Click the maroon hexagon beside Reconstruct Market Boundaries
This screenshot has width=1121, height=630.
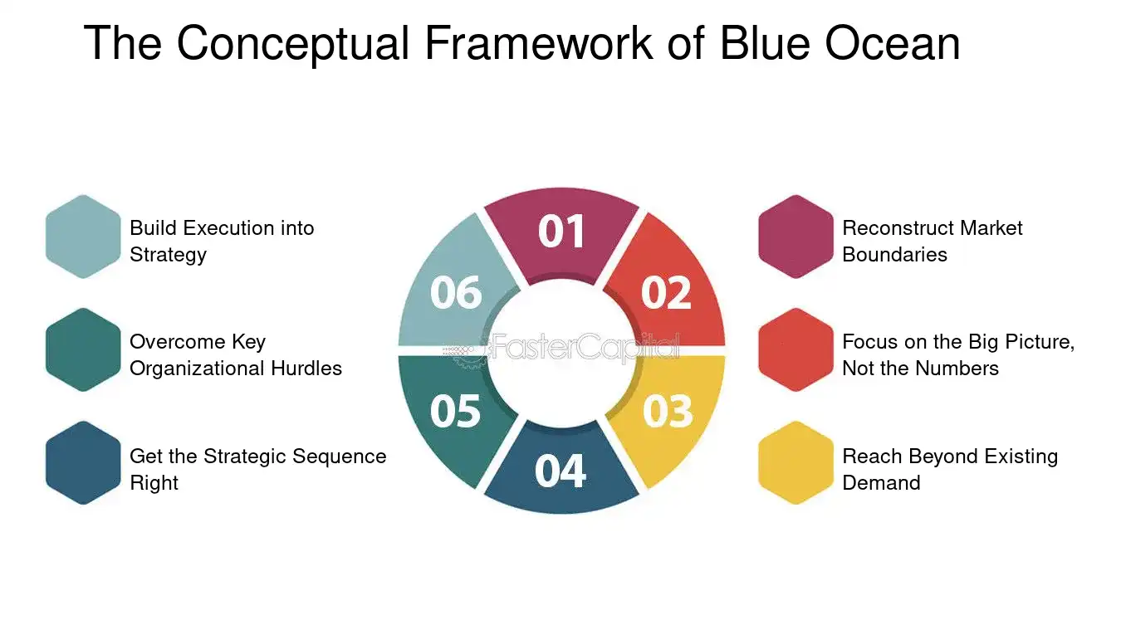795,237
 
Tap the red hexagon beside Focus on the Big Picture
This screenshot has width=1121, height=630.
795,349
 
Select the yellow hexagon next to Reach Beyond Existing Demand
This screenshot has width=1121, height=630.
795,463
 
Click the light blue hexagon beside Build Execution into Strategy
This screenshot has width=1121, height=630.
83,237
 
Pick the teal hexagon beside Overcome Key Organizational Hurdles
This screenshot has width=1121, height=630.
83,349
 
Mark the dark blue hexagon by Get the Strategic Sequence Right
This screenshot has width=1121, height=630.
83,463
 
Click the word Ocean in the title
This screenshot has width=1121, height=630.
893,43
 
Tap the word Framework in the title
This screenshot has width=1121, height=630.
538,43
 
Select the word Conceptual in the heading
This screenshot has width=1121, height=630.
293,45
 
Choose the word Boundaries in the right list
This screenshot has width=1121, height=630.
895,255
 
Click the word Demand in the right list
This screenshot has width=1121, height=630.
881,483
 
